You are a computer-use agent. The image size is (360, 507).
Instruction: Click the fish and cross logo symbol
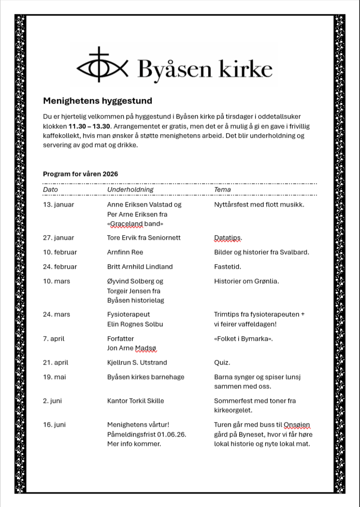pyautogui.click(x=102, y=66)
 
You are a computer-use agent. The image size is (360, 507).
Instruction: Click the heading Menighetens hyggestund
pyautogui.click(x=97, y=101)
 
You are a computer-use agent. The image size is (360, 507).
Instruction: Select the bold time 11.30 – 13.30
pyautogui.click(x=89, y=126)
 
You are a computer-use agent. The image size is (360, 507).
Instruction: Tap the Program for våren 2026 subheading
pyautogui.click(x=80, y=174)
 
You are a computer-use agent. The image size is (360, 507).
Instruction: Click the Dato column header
pyautogui.click(x=50, y=190)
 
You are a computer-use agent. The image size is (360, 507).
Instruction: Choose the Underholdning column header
pyautogui.click(x=131, y=190)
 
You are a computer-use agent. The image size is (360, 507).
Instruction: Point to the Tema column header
pyautogui.click(x=222, y=190)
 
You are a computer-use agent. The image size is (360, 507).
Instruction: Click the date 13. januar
pyautogui.click(x=59, y=205)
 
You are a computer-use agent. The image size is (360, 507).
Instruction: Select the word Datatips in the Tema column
pyautogui.click(x=227, y=238)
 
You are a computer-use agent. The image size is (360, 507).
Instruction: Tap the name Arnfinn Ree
pyautogui.click(x=125, y=252)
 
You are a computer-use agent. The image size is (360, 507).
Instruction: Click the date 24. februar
pyautogui.click(x=60, y=267)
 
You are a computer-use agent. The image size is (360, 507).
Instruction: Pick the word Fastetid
pyautogui.click(x=227, y=267)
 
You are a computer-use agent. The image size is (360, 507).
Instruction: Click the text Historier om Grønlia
pyautogui.click(x=246, y=281)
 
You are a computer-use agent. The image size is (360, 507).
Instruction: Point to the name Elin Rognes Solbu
pyautogui.click(x=135, y=324)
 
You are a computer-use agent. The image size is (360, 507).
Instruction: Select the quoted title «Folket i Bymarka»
pyautogui.click(x=243, y=339)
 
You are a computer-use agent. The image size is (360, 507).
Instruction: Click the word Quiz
pyautogui.click(x=222, y=363)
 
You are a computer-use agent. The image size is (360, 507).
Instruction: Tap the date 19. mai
pyautogui.click(x=54, y=377)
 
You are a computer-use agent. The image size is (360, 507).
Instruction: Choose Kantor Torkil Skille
pyautogui.click(x=135, y=401)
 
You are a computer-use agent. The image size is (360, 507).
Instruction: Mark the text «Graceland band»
pyautogui.click(x=135, y=224)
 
